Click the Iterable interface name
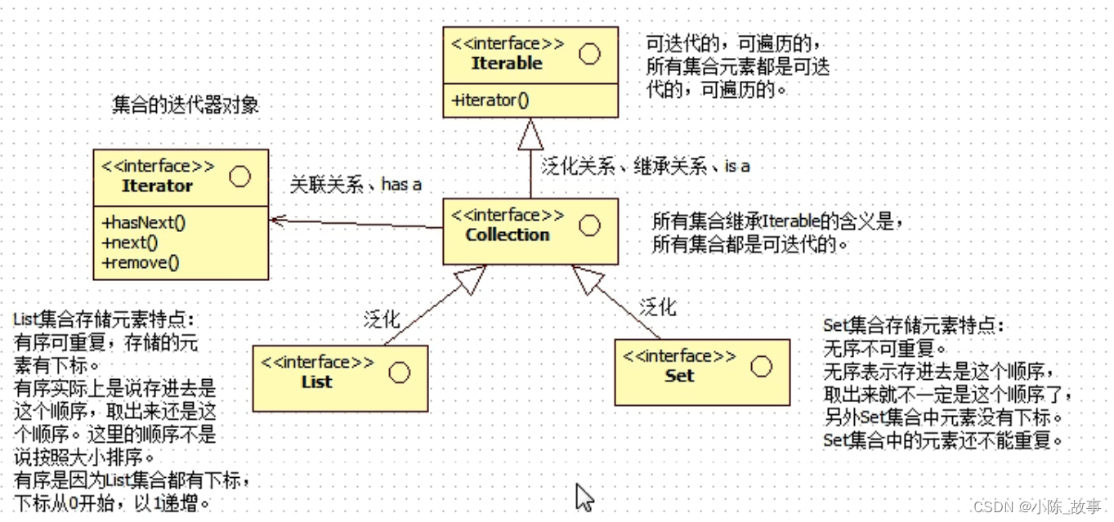pos(507,63)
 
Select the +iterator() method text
pos(490,100)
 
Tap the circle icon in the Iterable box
pos(588,54)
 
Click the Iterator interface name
pos(157,185)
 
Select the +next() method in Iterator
pos(131,242)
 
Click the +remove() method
pos(141,261)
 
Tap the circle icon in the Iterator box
pos(239,176)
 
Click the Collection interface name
pos(508,234)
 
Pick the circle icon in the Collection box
pos(588,225)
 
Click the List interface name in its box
pos(316,381)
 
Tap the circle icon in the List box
pos(399,373)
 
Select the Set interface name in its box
pos(679,376)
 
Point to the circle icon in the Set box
pos(761,366)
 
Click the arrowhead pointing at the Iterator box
pos(278,219)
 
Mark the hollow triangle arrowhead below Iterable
pos(530,133)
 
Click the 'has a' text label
pos(401,185)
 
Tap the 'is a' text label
pos(736,166)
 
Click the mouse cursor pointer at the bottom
pos(584,496)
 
